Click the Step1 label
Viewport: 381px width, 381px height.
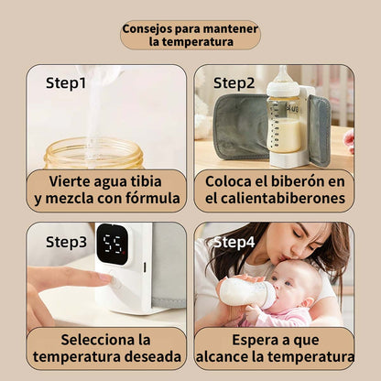66,83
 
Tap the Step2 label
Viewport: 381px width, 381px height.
234,83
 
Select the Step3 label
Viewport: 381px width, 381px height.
66,243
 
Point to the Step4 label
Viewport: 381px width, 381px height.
234,243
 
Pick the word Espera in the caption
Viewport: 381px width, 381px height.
252,341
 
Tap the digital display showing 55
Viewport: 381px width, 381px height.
113,245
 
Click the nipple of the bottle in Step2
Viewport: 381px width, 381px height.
283,75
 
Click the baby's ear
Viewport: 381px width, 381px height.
310,301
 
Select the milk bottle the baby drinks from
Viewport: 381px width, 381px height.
247,292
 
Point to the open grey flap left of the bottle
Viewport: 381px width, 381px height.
241,126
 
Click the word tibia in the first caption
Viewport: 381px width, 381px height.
146,181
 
